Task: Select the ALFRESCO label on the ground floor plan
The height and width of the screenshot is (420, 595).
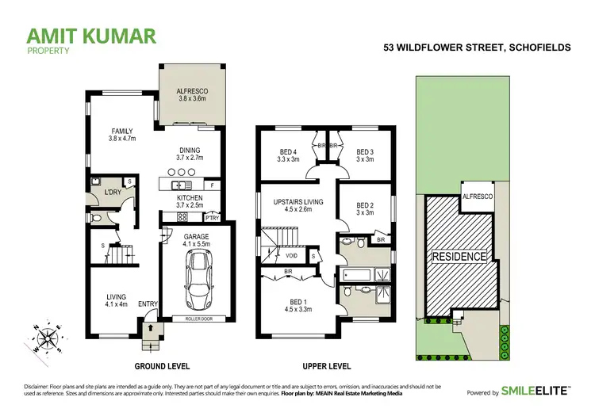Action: pos(190,92)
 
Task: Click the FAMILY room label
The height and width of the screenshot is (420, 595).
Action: pos(121,132)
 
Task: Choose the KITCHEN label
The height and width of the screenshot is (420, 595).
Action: pos(189,197)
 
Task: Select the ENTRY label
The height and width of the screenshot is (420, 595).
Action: pos(148,303)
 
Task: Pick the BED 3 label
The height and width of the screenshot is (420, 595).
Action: pos(364,152)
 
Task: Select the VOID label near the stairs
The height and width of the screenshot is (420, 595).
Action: pos(291,257)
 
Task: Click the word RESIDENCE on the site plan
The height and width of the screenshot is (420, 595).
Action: pos(459,257)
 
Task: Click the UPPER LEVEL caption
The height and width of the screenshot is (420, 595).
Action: pos(327,368)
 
